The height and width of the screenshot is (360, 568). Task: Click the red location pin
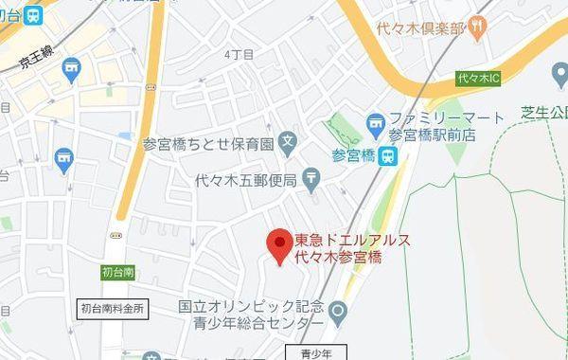click(x=276, y=244)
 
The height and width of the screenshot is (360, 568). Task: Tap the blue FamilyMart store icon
click(x=376, y=121)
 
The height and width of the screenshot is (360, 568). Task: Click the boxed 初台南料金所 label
click(x=113, y=308)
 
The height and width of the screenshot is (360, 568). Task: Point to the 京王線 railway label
click(x=34, y=61)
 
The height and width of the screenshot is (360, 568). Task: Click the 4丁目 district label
click(x=240, y=55)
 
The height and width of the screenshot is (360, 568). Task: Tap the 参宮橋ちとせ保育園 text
click(x=207, y=145)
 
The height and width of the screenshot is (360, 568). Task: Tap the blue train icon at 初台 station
click(x=35, y=14)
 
